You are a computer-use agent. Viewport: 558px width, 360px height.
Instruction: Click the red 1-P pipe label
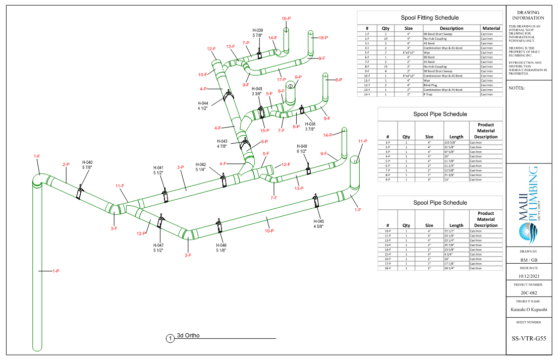point(55,271)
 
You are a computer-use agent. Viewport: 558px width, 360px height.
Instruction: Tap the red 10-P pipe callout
point(269,231)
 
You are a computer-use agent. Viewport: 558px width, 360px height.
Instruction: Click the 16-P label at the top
point(286,19)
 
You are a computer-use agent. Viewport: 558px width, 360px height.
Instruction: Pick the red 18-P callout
point(323,38)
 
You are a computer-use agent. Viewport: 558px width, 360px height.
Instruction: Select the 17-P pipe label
point(282,79)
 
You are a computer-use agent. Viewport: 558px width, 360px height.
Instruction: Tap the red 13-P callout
point(299,188)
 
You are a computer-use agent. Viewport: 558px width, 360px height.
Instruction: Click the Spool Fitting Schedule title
point(430,18)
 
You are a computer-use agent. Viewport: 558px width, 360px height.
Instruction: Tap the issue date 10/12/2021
point(529,276)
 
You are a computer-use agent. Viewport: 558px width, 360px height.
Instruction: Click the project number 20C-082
point(529,293)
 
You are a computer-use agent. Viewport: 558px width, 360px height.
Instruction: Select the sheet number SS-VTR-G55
point(529,339)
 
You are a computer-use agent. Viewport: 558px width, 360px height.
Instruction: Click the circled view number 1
point(171,338)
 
